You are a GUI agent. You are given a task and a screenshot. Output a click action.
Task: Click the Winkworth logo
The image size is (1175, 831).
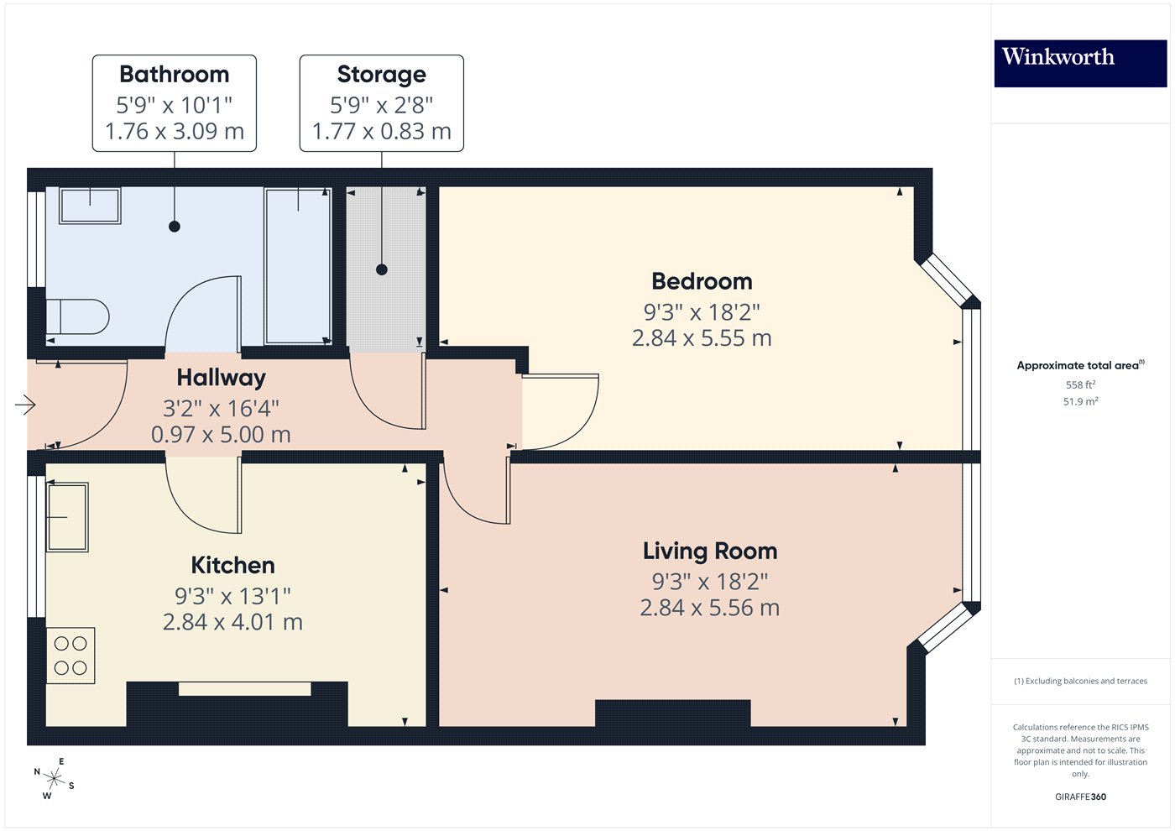1079,63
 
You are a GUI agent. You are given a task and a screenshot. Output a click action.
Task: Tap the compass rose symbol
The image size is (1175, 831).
55,778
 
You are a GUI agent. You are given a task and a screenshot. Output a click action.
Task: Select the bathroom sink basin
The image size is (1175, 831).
90,206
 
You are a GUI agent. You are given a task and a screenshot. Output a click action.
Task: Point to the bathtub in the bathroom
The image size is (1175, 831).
298,265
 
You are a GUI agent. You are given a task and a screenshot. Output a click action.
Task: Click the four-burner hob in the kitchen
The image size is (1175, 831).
70,656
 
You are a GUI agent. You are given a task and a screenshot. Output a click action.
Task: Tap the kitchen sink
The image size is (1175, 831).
67,517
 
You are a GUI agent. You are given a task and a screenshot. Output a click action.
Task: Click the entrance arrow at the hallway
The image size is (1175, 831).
25,405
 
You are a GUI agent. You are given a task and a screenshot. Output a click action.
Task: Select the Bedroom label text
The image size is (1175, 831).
702,281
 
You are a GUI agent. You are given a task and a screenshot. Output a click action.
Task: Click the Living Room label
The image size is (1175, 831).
710,551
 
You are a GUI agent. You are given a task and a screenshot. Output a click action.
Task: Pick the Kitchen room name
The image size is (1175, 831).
232,565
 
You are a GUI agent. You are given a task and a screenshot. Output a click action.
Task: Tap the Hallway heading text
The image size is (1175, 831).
221,378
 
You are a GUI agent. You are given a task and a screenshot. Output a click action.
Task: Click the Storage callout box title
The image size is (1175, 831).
381,75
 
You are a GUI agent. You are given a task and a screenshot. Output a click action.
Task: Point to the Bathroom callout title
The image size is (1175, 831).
174,75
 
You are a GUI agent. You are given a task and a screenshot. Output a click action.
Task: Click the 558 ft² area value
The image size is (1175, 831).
1080,385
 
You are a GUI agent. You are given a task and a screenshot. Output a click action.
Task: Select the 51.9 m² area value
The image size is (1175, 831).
1080,402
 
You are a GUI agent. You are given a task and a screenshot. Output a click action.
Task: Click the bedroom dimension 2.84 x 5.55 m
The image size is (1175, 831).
702,338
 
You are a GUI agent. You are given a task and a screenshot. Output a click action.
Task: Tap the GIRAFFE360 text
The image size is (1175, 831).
1080,797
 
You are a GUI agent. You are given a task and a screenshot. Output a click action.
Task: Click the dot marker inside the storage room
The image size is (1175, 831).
382,269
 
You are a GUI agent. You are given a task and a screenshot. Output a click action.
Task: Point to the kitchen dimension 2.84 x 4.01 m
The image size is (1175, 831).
232,622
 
